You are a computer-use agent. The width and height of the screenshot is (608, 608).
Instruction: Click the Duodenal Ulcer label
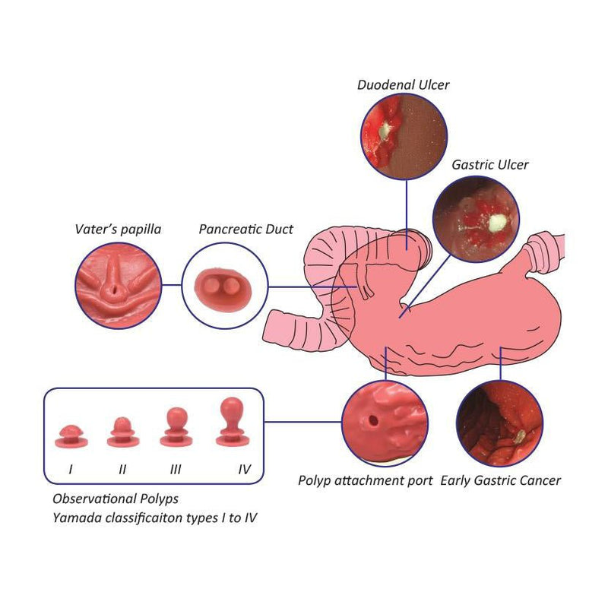click(x=403, y=85)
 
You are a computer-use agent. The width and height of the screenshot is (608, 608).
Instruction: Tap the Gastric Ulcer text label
click(x=490, y=165)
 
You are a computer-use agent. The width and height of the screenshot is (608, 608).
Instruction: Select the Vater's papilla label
click(x=118, y=229)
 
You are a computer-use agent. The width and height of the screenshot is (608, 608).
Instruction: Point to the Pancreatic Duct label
click(x=245, y=229)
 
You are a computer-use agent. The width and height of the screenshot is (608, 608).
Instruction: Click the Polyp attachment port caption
click(x=366, y=480)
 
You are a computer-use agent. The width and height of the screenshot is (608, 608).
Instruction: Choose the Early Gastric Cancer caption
click(x=501, y=480)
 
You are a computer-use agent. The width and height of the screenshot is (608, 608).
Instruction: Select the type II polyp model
click(x=122, y=431)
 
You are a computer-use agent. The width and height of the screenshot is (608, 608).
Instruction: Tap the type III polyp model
click(x=176, y=426)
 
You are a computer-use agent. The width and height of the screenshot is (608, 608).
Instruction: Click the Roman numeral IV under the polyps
click(x=244, y=470)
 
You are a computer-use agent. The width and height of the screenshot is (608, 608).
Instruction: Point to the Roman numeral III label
click(x=176, y=470)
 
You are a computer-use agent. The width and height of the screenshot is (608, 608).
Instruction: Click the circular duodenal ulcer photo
click(x=404, y=136)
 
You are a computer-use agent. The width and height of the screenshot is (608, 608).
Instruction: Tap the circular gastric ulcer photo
click(x=476, y=220)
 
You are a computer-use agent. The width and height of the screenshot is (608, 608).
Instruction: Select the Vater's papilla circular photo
click(x=118, y=285)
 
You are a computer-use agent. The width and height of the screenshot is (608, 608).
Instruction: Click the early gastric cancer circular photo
click(x=500, y=424)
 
